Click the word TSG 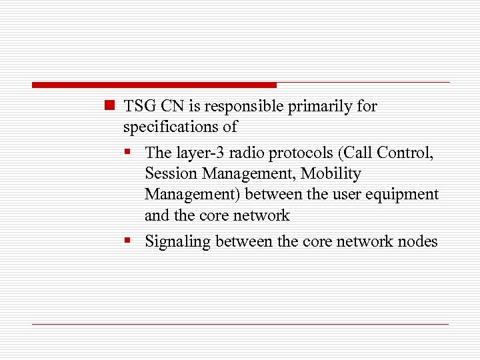click(138, 106)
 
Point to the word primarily click(317, 107)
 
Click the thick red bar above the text click(153, 85)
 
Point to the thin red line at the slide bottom click(240, 324)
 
